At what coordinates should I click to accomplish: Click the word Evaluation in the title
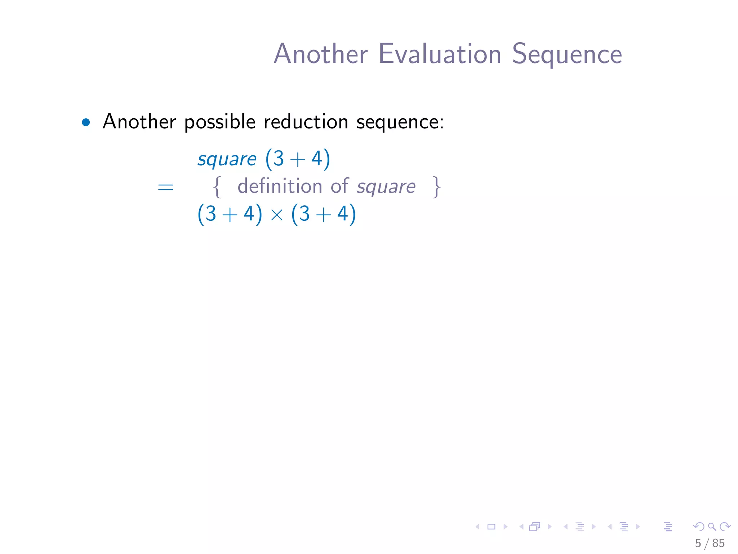pos(440,54)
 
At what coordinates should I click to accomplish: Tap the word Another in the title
pos(321,54)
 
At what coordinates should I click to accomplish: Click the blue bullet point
pos(86,123)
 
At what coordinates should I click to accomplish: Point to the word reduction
pos(306,122)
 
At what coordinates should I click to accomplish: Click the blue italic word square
pos(227,159)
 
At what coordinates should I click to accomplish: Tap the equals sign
pos(165,187)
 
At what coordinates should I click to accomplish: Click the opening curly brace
pos(217,187)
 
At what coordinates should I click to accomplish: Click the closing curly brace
pos(436,187)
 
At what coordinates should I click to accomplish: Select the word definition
pos(280,186)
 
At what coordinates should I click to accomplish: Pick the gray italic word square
pos(386,187)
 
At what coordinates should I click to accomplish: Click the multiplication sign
pos(277,215)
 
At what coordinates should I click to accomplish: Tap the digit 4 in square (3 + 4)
pos(316,159)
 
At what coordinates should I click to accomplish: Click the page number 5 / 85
pos(710,543)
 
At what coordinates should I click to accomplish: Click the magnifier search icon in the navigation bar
pos(712,527)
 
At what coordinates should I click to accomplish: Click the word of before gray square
pos(339,186)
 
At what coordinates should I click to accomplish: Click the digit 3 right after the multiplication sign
pos(304,214)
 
